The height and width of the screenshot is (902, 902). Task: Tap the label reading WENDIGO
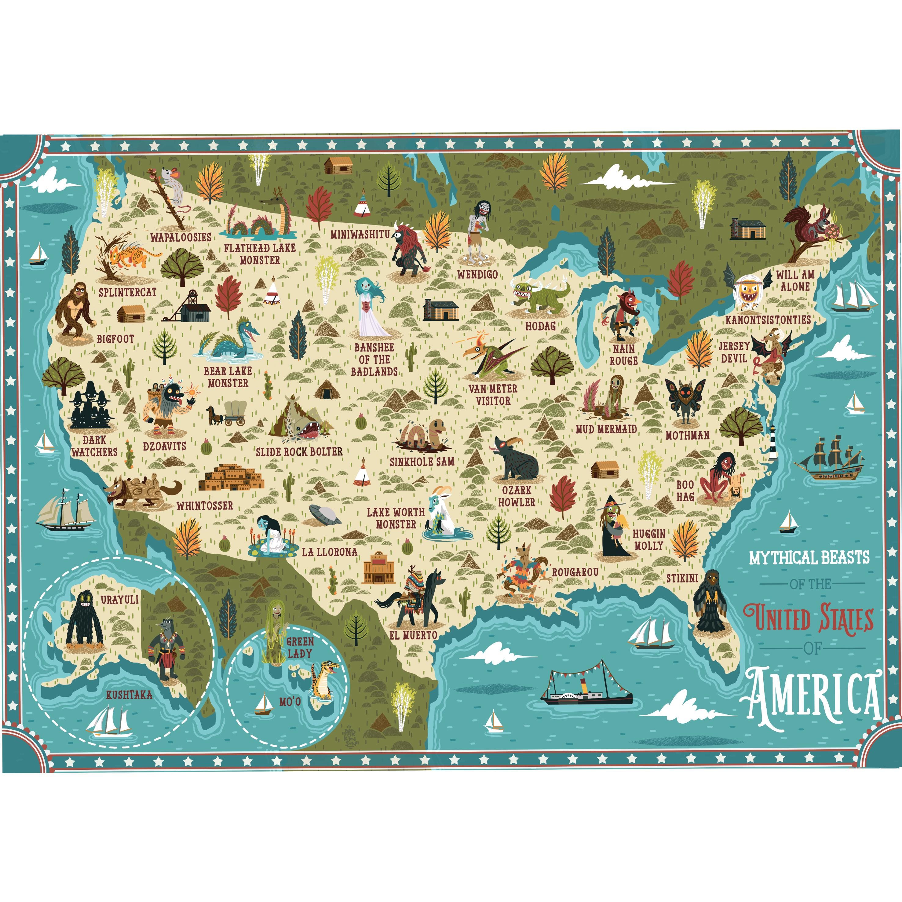pyautogui.click(x=477, y=274)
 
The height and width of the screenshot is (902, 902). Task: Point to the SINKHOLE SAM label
pyautogui.click(x=422, y=461)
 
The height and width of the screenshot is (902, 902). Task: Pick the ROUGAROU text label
pyautogui.click(x=575, y=572)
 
